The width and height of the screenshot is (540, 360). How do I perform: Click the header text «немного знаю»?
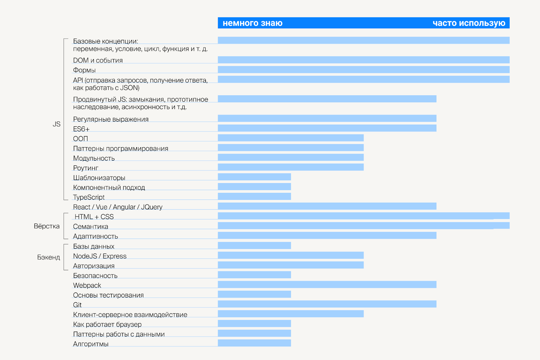click(252, 23)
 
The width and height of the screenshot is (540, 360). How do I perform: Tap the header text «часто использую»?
click(469, 23)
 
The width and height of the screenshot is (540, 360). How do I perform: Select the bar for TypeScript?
click(254, 196)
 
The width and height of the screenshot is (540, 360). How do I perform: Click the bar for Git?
click(327, 304)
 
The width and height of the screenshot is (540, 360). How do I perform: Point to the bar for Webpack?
click(327, 284)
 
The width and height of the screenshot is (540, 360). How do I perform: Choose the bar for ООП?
click(291, 138)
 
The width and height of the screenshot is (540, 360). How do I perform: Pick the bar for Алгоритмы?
click(254, 343)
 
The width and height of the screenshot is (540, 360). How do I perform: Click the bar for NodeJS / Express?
click(291, 255)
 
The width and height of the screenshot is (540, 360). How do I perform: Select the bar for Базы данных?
click(254, 246)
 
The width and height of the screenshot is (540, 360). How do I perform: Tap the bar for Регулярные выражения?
click(327, 118)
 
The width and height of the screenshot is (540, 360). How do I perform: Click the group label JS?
click(56, 124)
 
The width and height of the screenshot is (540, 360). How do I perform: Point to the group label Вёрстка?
click(47, 226)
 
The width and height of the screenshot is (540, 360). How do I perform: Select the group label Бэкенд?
click(48, 257)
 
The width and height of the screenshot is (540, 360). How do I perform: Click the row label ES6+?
click(81, 129)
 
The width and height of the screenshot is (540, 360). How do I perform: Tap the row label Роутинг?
click(86, 168)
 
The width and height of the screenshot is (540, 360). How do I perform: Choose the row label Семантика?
click(90, 227)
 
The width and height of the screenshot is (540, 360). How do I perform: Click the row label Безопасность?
click(95, 276)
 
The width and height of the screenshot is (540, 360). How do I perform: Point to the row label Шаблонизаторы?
click(99, 178)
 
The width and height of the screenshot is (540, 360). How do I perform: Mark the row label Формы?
click(84, 70)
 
